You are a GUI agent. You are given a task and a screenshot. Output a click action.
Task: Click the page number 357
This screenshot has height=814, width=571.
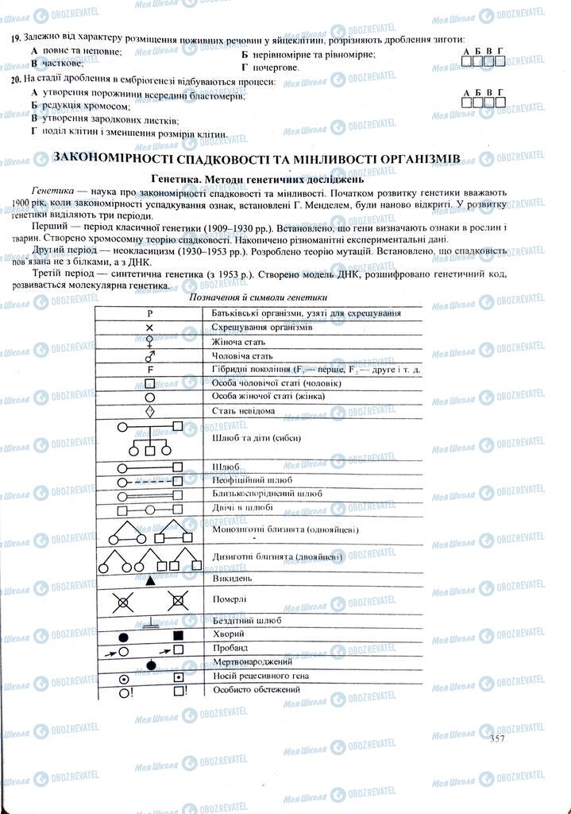pos(497,738)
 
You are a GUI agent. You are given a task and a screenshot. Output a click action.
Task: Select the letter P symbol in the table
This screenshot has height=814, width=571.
pos(149,313)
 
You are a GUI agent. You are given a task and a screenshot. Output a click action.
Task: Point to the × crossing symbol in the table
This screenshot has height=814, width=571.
pos(149,328)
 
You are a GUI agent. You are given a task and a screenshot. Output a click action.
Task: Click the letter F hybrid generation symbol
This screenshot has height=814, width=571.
pos(149,370)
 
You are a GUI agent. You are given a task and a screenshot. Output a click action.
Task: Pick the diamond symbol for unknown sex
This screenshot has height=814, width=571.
pos(149,411)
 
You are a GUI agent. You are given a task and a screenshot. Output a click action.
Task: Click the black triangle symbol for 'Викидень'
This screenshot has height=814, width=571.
pos(149,581)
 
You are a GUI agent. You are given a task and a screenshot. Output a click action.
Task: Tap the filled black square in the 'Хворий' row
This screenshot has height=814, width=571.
pos(178,635)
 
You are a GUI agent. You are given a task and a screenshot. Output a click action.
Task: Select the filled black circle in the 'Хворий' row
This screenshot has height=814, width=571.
pos(123,636)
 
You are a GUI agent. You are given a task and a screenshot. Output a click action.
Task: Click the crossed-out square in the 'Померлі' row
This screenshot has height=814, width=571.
pos(179,602)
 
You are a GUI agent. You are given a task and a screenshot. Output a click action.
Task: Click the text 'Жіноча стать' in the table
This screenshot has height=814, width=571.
pos(238,342)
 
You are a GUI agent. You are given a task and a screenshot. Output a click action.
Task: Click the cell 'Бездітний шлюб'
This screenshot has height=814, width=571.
pos(248,620)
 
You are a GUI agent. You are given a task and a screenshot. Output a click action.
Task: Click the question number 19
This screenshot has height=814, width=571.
pos(17,38)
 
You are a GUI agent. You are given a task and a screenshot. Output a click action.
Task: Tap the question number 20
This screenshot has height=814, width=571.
pos(17,81)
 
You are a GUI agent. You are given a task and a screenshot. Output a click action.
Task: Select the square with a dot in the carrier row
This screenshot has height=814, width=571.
pos(179,676)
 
